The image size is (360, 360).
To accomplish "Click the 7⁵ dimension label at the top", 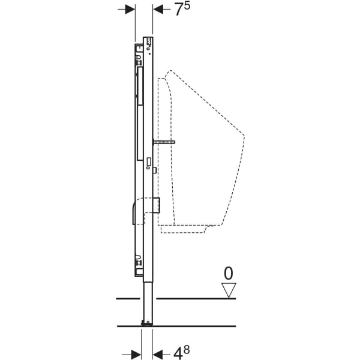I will click(x=182, y=10).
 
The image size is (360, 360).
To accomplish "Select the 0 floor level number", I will click(x=228, y=274).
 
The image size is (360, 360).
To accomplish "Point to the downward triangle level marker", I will click(x=229, y=291).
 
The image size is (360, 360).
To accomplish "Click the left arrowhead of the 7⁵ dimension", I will click(x=130, y=9).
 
